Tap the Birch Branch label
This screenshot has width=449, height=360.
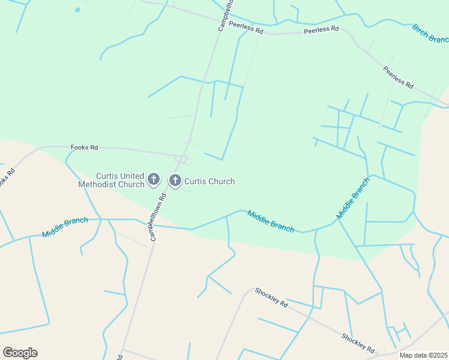click(430, 34)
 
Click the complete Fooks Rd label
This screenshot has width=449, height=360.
click(84, 147)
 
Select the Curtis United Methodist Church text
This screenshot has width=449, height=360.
click(112, 180)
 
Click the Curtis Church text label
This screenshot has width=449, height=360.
click(209, 181)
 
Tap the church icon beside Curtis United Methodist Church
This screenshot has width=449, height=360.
click(154, 179)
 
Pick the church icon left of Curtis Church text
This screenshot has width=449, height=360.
click(175, 180)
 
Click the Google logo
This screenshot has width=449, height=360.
click(20, 353)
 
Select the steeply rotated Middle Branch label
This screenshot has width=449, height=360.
click(353, 198)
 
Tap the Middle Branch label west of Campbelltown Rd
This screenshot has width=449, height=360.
click(65, 228)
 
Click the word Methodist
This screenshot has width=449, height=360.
click(99, 184)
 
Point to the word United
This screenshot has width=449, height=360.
click(132, 176)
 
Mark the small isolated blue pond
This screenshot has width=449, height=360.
click(77, 10)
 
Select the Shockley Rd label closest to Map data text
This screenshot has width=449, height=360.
click(358, 343)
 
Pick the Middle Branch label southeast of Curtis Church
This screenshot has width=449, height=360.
click(271, 220)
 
